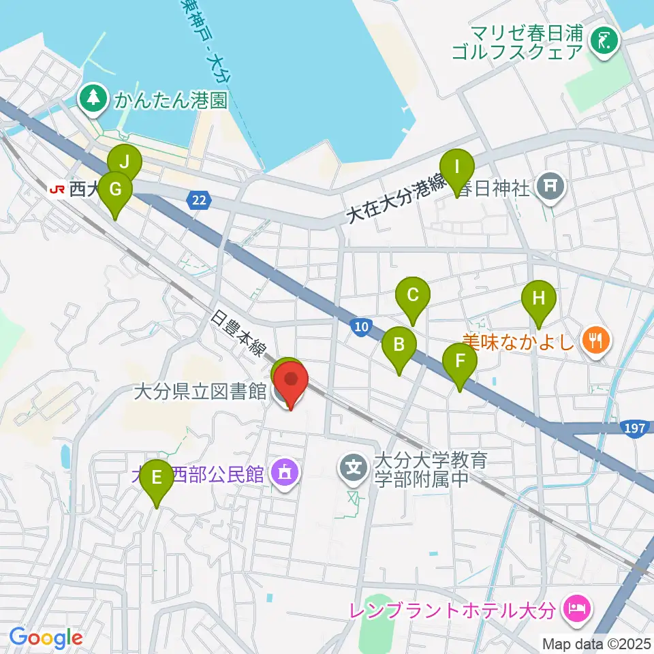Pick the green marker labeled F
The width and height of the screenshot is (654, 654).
tap(461, 362)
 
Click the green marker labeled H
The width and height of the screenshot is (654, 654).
tap(539, 300)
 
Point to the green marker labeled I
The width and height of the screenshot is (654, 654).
tap(457, 168)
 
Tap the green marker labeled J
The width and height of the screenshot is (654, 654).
tap(125, 163)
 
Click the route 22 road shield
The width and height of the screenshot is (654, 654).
tap(198, 199)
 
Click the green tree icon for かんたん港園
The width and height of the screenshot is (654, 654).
tap(93, 100)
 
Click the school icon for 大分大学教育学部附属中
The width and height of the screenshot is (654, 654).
tap(355, 469)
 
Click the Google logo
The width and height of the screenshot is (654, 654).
tap(46, 638)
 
